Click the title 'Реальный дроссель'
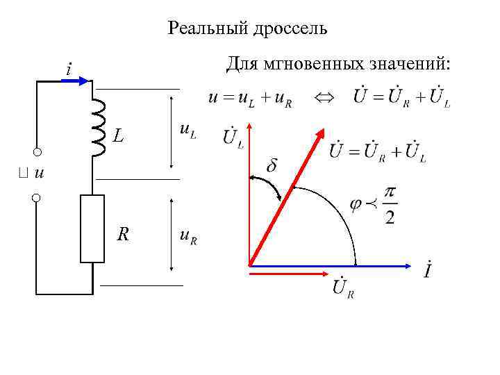(247, 29)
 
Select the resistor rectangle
(92, 228)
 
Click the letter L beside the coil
(119, 137)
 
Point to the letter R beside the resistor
(122, 235)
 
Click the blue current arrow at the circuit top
(76, 81)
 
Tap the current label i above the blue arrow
(67, 69)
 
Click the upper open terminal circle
(36, 152)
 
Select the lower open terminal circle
(36, 199)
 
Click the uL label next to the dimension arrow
(187, 130)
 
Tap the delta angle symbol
(272, 167)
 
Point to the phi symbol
(356, 204)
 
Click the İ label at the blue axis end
(430, 269)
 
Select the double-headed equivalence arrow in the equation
(323, 99)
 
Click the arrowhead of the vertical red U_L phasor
(249, 129)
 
